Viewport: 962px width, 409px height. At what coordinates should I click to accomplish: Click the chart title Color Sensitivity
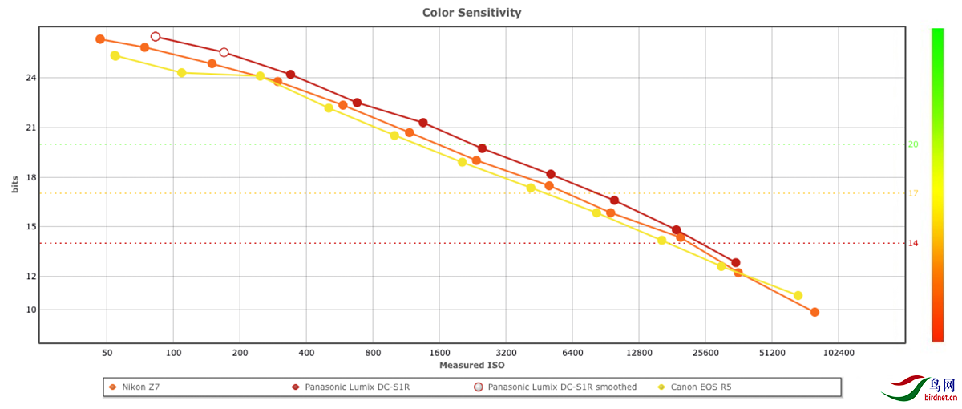471,13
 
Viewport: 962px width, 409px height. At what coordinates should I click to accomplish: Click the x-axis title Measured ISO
471,366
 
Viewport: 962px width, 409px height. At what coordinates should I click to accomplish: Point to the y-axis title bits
15,184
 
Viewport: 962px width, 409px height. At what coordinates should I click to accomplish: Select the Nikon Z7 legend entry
139,387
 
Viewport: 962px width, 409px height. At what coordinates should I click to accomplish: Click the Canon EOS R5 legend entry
694,387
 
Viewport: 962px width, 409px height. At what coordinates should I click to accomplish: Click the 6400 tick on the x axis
572,352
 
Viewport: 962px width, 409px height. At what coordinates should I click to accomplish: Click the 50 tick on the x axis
107,352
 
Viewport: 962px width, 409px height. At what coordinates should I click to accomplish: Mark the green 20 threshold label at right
913,144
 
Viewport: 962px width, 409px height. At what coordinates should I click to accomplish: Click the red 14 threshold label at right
913,243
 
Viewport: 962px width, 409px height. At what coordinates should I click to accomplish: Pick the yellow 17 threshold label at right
913,193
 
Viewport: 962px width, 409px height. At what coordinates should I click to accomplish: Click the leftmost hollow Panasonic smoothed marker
156,37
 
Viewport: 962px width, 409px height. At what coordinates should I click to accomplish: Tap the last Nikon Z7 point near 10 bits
814,312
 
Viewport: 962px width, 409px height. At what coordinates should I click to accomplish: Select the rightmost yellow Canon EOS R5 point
798,296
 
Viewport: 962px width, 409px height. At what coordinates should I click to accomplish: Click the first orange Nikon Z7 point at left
100,39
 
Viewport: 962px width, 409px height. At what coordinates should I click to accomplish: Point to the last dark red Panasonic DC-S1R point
735,263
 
